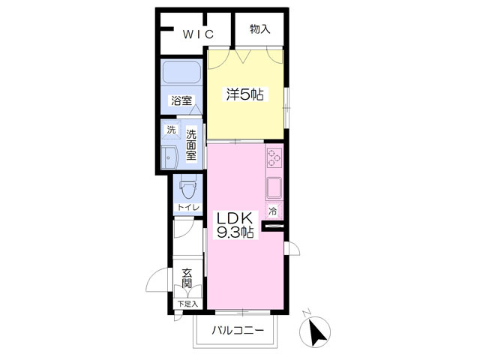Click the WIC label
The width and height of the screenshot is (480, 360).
tap(198, 34)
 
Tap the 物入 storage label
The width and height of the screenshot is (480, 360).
tap(260, 29)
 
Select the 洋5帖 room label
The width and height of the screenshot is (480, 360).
tap(245, 94)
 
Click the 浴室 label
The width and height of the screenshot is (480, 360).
tap(181, 100)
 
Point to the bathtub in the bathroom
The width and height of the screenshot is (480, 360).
tap(181, 72)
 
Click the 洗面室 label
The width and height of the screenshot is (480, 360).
tap(191, 145)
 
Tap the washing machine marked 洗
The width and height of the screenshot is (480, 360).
tap(171, 130)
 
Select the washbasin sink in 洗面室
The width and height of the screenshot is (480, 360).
tap(170, 157)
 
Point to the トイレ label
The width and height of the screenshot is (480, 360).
tap(188, 207)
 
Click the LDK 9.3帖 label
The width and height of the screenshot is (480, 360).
tap(235, 225)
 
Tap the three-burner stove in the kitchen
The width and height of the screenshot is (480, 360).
tap(274, 157)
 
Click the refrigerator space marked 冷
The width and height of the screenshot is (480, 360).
tap(272, 211)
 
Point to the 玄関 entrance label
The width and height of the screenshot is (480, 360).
tap(187, 278)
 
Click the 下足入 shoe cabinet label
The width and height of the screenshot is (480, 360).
tap(188, 304)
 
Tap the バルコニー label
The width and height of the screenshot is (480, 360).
tap(238, 331)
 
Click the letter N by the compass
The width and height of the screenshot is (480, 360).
tap(307, 313)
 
